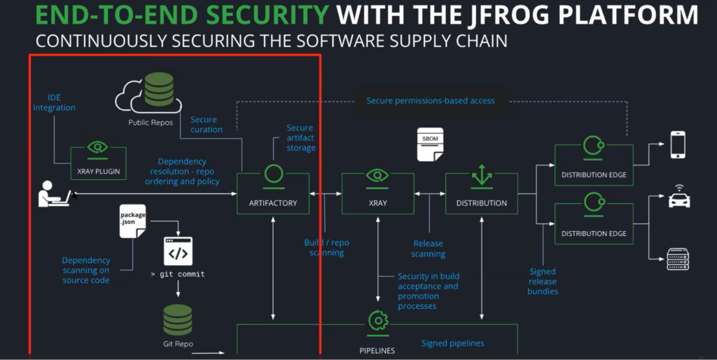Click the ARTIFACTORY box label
tap(272, 203)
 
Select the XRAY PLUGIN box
tap(98, 162)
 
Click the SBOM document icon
tap(431, 144)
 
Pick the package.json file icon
tap(132, 220)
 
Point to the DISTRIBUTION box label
tap(481, 203)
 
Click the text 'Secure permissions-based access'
tap(431, 101)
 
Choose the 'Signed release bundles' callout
tap(543, 281)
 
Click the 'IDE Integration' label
tap(53, 102)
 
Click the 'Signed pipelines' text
tap(453, 343)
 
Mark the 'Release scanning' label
tap(428, 249)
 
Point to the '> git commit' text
tap(178, 274)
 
